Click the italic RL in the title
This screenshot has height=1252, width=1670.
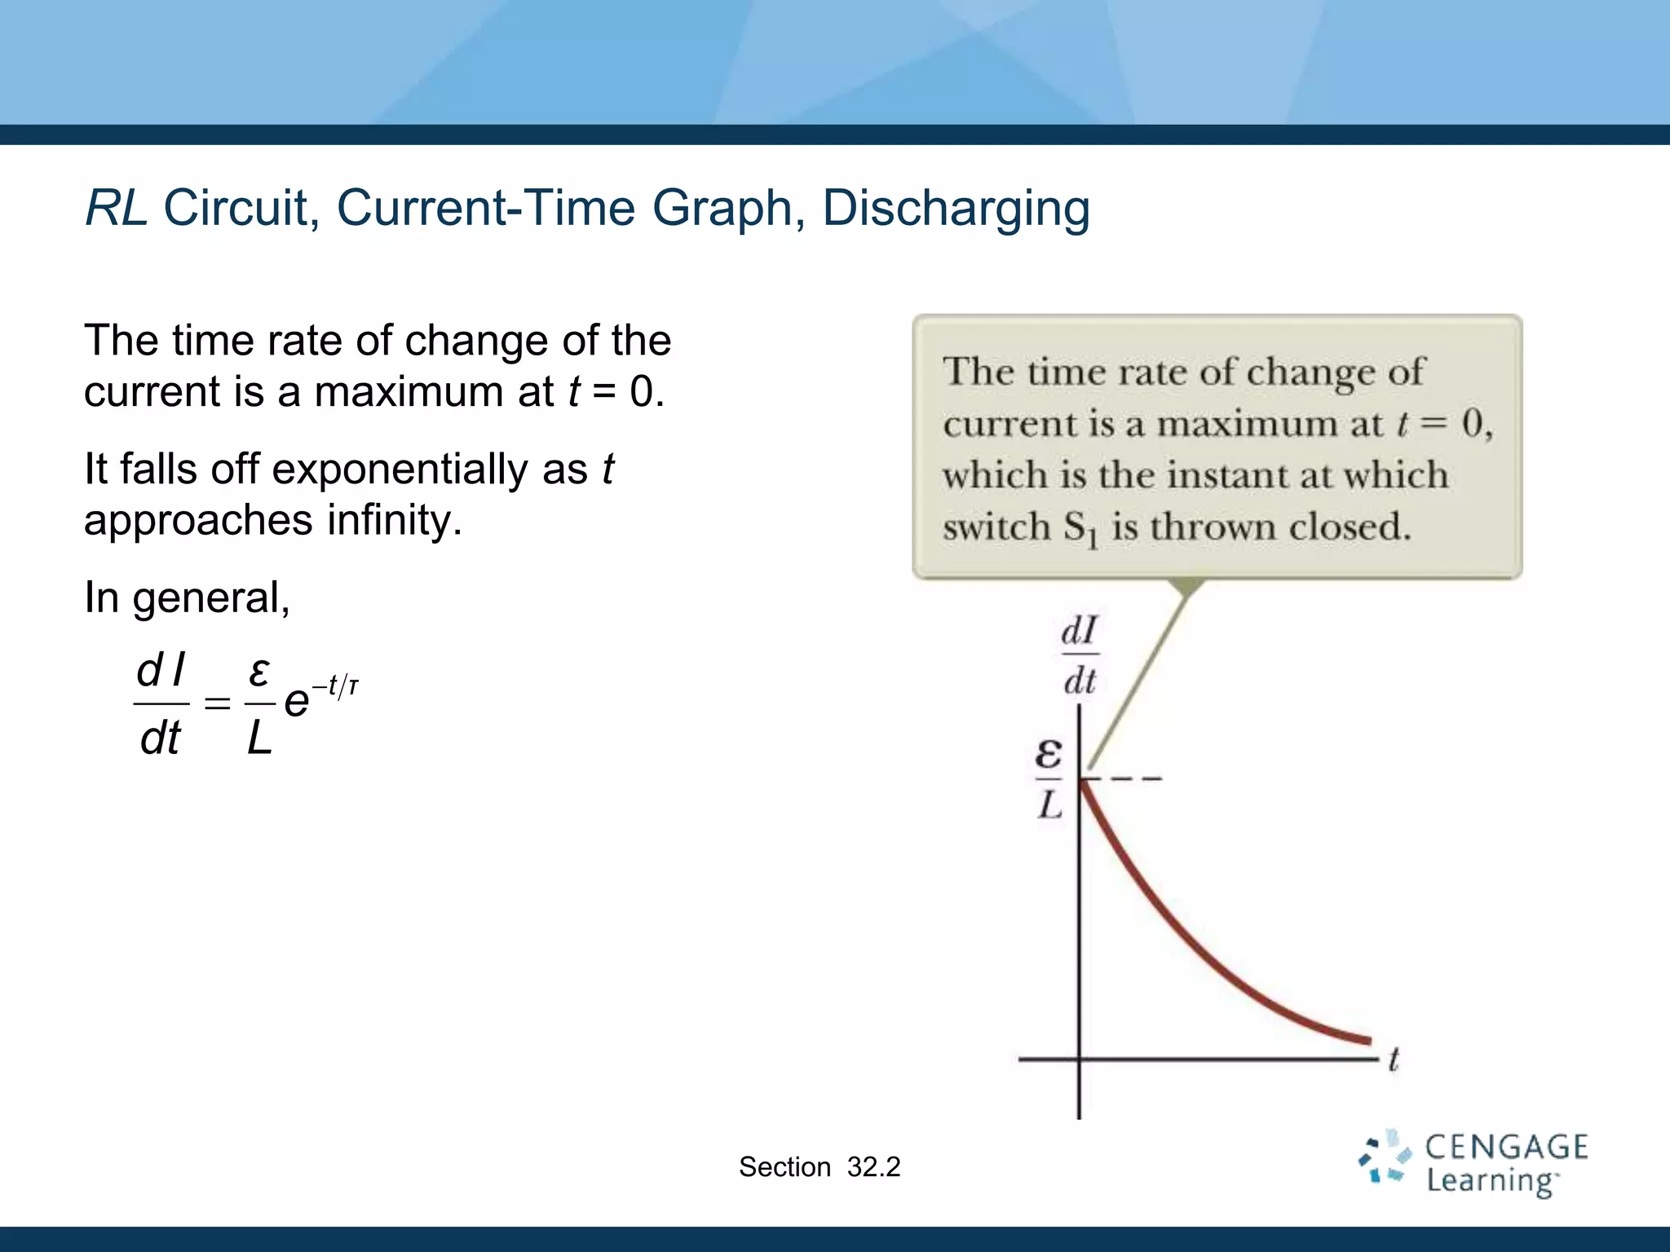pos(116,208)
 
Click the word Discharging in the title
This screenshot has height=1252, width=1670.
pos(956,209)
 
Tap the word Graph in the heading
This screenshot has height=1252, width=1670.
pos(722,209)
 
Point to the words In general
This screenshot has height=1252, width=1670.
pos(187,598)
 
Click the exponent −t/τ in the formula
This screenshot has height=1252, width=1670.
pos(335,686)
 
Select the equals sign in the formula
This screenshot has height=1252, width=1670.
pos(217,703)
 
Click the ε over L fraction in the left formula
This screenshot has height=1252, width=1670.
pos(259,705)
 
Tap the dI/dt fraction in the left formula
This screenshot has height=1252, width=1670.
pos(161,705)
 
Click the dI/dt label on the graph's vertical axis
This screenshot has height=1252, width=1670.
pos(1080,655)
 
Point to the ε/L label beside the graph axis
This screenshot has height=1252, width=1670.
pos(1049,779)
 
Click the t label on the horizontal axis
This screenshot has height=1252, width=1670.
pos(1393,1060)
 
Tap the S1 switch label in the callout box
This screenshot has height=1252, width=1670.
pos(1080,528)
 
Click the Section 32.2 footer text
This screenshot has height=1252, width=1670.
pos(820,1167)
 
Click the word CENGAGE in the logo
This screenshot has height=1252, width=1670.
pos(1506,1147)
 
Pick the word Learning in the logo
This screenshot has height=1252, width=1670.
pos(1490,1181)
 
